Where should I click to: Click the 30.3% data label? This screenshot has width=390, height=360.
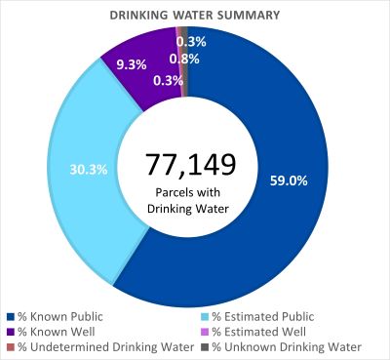[85, 168]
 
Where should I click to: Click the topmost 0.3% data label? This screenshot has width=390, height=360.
[191, 42]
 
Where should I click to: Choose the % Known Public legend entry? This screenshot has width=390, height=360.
[58, 317]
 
